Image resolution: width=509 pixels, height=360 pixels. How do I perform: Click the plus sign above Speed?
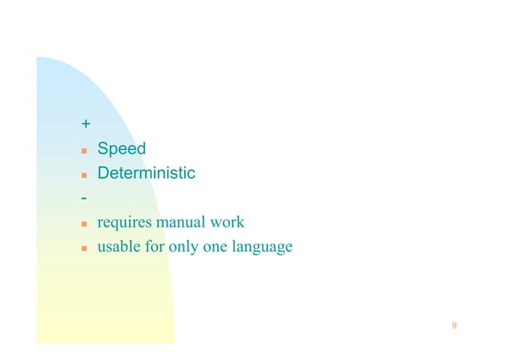click(x=85, y=125)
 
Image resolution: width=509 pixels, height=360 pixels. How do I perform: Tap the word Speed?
click(x=121, y=148)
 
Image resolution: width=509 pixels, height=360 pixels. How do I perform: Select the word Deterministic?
click(x=146, y=173)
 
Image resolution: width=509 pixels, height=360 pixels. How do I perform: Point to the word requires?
click(x=124, y=222)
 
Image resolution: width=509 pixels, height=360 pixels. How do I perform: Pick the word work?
click(x=227, y=222)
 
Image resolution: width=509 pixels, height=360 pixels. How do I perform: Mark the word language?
click(x=262, y=247)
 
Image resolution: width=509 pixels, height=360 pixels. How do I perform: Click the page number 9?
click(x=454, y=326)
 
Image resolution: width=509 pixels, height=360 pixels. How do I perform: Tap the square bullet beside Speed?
click(x=83, y=150)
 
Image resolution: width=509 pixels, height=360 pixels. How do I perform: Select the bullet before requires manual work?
click(x=83, y=224)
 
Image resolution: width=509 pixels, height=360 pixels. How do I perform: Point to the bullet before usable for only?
click(x=83, y=248)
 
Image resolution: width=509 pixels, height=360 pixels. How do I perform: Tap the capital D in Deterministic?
click(x=104, y=173)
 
